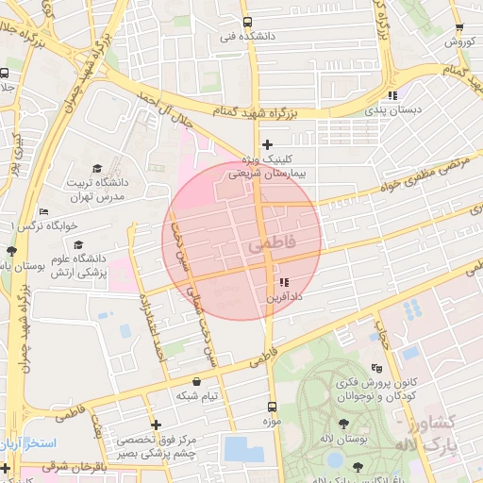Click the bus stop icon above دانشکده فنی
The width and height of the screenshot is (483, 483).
[247, 23]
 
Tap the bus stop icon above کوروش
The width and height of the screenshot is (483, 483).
[458, 28]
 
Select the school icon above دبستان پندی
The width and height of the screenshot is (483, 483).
[392, 95]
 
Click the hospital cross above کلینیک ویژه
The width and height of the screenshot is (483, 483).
[268, 145]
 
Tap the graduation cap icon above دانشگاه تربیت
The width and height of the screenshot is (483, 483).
[96, 167]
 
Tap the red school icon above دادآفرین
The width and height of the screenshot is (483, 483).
[284, 283]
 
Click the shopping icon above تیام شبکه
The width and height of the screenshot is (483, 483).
[195, 382]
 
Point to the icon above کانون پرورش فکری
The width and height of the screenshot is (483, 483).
[378, 367]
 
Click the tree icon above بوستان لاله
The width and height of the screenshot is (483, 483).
[341, 425]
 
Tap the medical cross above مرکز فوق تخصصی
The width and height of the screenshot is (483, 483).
[156, 425]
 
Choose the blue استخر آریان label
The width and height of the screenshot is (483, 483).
[28, 442]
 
